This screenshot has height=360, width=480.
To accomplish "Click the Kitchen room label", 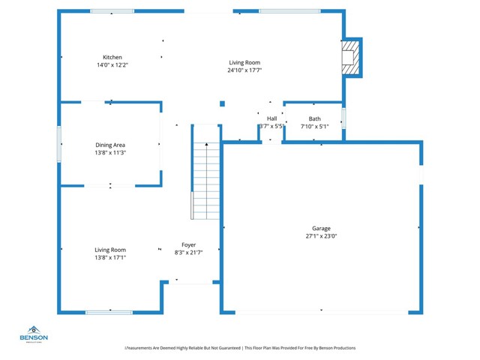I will (112, 57).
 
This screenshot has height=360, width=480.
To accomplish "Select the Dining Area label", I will (110, 145).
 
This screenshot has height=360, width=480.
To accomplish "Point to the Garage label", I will (321, 229).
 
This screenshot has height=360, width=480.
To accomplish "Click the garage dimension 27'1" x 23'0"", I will (321, 236).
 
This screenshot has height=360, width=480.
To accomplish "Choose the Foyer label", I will (188, 244).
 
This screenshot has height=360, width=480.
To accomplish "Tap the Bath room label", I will (314, 118).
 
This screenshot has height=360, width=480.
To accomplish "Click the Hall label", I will (271, 118).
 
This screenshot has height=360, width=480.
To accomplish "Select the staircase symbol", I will (205, 180).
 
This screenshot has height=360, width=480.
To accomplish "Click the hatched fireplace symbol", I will (349, 57).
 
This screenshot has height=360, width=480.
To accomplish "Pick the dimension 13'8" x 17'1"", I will (110, 257).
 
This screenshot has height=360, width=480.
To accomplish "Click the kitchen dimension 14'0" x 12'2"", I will (112, 65).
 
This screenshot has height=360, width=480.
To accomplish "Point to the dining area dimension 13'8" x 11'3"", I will (110, 152).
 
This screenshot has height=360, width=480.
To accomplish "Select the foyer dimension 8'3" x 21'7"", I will (188, 253).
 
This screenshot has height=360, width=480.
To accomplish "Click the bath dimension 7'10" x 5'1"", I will (314, 127).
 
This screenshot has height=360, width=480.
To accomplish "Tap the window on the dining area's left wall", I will (59, 143).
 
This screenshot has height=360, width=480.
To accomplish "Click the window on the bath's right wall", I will (344, 118).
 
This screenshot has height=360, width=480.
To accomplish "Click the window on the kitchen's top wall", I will (112, 10).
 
